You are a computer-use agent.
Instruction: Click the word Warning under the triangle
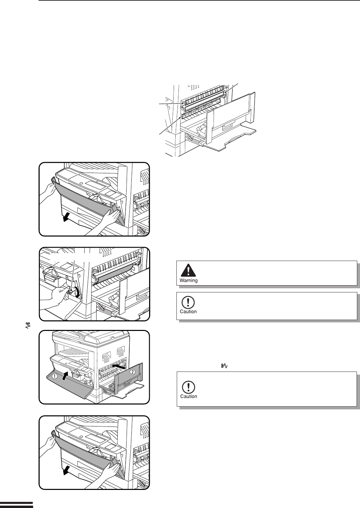click(x=189, y=281)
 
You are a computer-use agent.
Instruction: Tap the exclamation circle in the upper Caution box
click(x=188, y=302)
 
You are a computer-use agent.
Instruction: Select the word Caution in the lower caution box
click(x=189, y=396)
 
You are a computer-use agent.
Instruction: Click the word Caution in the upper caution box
click(x=188, y=311)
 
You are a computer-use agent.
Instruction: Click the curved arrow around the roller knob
click(x=78, y=293)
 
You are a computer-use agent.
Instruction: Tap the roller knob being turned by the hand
click(x=71, y=291)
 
